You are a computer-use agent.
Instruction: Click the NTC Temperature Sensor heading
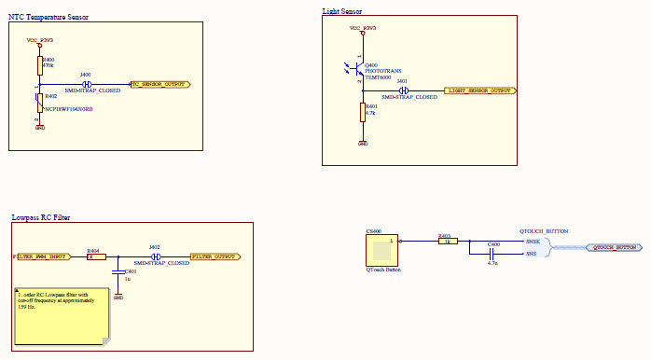48,17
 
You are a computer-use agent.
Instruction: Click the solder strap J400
86,84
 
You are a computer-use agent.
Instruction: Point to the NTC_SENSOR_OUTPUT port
160,84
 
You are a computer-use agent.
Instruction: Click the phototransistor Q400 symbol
360,69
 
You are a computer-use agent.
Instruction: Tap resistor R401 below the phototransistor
363,113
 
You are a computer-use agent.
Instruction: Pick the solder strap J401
403,90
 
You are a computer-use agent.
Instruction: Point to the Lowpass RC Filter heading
41,217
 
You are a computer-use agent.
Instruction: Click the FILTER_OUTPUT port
216,256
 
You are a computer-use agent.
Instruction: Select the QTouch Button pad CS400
382,248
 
